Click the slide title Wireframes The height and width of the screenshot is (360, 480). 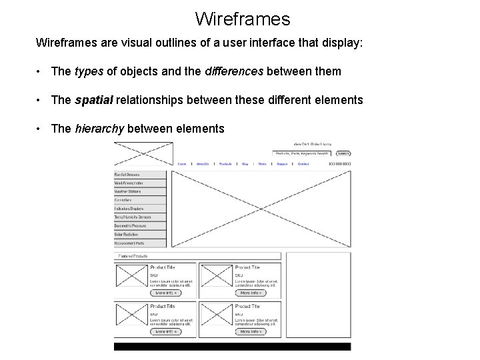(x=243, y=18)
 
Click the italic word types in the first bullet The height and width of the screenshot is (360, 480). (x=89, y=71)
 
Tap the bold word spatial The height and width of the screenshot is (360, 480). (x=94, y=100)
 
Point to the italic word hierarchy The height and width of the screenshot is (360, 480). (x=99, y=129)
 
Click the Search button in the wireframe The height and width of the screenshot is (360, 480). (x=343, y=153)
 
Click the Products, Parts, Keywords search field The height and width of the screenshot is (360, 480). (x=302, y=153)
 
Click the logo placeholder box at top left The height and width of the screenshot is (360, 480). (x=143, y=153)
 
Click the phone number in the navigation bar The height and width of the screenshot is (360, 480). (x=339, y=163)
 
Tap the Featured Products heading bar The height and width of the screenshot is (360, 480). (x=197, y=255)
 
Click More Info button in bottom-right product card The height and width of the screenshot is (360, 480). (x=251, y=331)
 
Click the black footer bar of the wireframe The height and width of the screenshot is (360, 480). (x=232, y=347)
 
